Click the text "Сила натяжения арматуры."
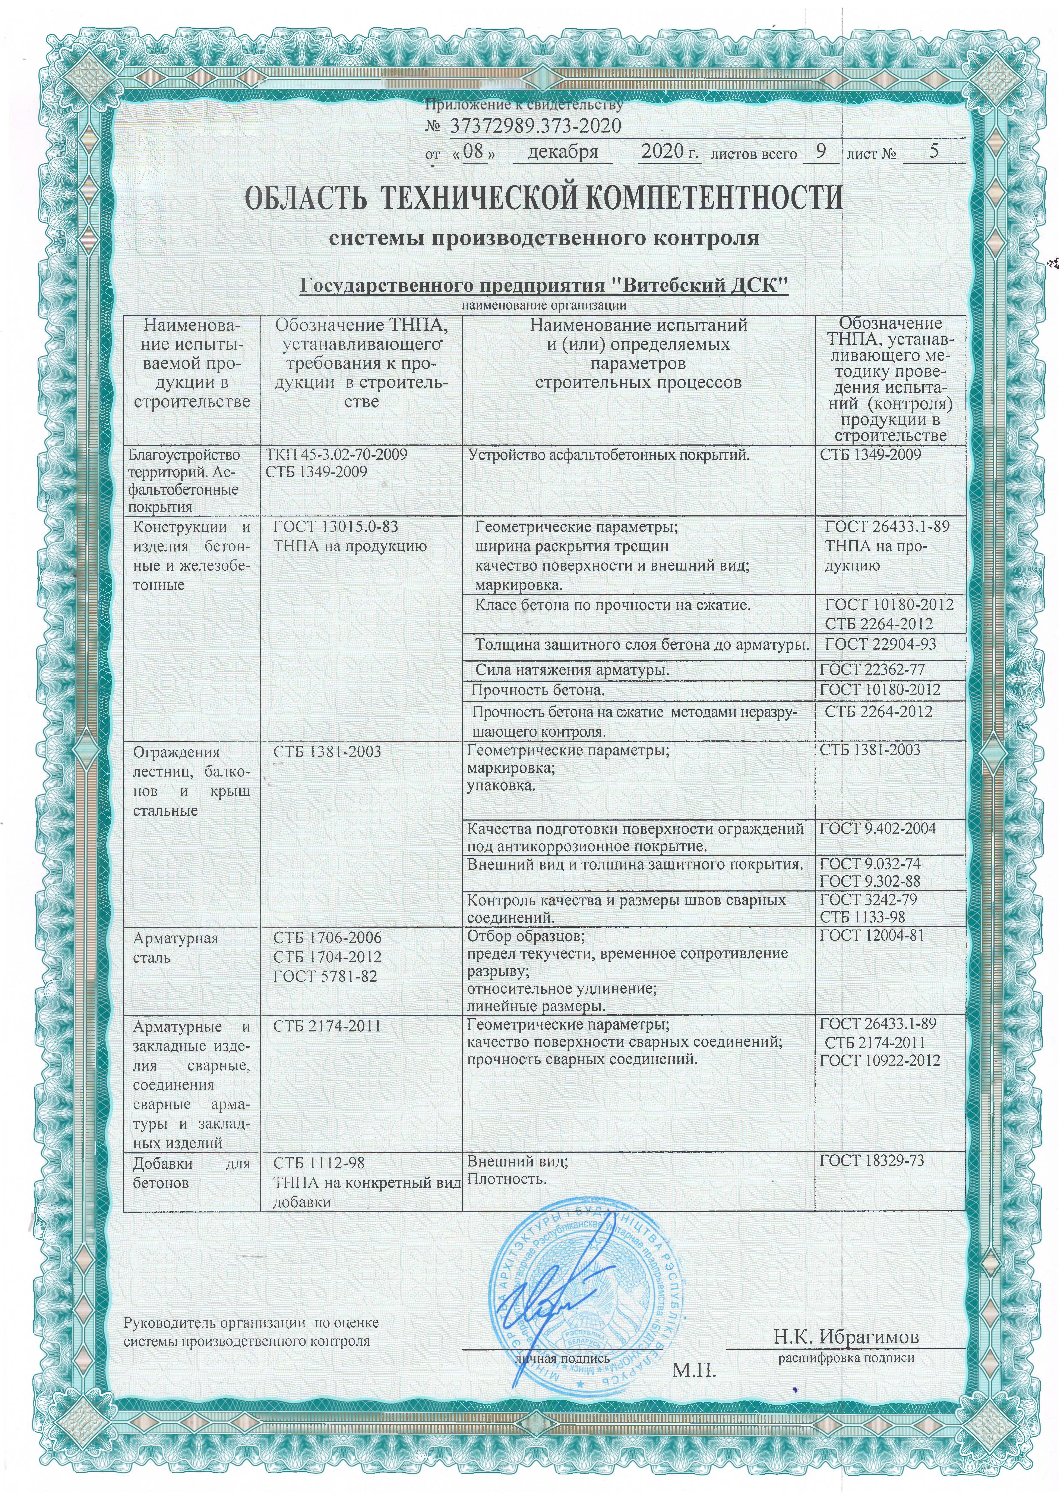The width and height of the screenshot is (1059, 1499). (572, 670)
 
